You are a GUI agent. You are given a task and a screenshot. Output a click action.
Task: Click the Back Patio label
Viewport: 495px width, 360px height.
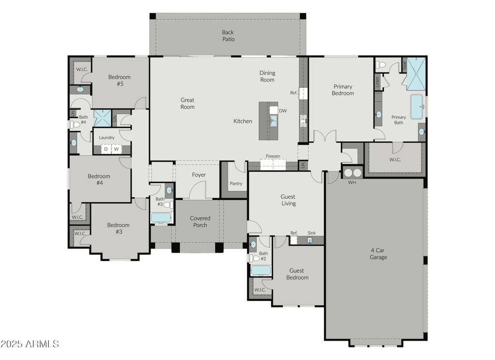tap(228, 36)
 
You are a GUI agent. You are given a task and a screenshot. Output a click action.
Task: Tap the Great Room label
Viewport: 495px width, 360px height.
tap(187, 103)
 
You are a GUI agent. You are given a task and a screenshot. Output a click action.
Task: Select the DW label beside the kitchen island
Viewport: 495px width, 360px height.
tap(283, 111)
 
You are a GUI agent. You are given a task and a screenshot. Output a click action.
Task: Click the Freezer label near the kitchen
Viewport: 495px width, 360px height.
tap(273, 156)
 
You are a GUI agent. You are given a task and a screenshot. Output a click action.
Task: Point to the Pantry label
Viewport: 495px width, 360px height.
tap(236, 183)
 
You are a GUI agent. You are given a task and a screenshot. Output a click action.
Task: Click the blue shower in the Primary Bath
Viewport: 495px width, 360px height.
tap(416, 74)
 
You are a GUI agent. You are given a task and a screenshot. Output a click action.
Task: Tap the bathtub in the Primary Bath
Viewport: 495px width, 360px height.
tap(417, 107)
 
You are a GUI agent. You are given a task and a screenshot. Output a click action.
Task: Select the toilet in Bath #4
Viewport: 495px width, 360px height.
tap(74, 125)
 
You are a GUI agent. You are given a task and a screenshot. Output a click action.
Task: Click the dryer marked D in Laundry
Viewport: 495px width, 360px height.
tap(106, 149)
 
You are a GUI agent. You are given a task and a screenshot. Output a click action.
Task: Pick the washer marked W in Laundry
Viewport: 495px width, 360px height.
tap(116, 149)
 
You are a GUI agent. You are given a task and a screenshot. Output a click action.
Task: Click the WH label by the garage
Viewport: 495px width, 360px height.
tap(352, 182)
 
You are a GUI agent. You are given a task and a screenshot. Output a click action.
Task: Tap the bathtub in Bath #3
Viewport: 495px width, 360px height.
tap(161, 218)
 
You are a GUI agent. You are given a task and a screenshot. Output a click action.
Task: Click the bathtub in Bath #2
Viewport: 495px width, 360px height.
tap(261, 271)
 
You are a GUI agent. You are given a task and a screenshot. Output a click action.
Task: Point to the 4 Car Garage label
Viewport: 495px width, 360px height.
tap(378, 254)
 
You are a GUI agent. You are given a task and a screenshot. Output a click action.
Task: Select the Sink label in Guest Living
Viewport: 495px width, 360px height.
tap(312, 233)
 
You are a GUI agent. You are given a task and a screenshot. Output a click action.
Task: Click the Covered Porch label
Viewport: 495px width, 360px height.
tap(200, 221)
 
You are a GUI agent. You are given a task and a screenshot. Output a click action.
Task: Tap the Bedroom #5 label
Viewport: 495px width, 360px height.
tap(119, 80)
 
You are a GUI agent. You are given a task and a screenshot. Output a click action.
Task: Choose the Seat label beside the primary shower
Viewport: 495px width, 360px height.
tap(405, 65)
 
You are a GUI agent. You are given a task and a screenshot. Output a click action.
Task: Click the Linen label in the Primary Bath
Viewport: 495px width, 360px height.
tap(377, 82)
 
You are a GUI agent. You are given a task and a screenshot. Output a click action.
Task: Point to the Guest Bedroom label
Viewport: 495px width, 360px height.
tap(297, 274)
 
